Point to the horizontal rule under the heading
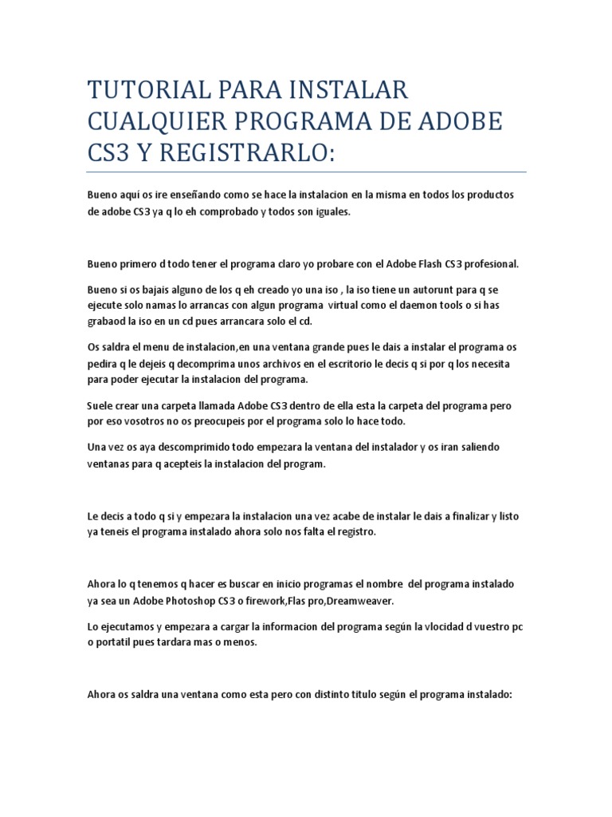tap(306, 172)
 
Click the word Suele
tap(100, 406)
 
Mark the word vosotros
tap(139, 420)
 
